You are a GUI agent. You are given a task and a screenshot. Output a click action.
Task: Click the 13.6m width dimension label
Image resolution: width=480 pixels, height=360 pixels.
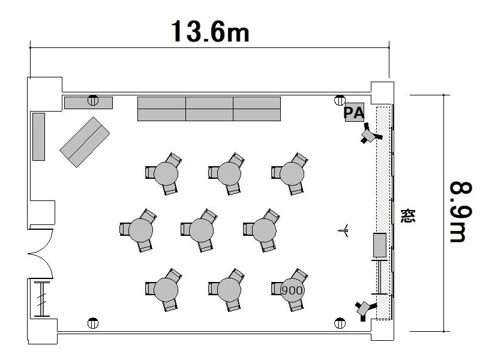pos(210,32)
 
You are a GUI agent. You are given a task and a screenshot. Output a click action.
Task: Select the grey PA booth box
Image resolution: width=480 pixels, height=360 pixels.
pos(355,112)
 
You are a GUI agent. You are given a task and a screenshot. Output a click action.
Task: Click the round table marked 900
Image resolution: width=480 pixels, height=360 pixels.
pos(292,290)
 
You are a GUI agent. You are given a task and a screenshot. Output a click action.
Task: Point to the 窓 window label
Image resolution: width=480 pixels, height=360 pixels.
pos(408,216)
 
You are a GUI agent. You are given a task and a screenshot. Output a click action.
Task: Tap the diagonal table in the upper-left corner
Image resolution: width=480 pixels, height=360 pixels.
pos(85,142)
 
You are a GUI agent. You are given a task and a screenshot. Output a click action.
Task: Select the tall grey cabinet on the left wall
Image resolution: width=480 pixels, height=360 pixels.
pos(39,137)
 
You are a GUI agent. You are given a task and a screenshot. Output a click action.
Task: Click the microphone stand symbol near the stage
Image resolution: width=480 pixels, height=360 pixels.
pos(343,230)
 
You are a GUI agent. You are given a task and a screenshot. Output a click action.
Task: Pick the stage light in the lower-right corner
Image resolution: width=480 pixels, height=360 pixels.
pos(365,309)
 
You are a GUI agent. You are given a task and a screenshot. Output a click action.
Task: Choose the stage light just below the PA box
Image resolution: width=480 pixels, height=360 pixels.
pos(370,134)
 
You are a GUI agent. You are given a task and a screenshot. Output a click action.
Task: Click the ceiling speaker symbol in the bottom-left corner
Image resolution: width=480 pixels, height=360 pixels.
pos(93,323)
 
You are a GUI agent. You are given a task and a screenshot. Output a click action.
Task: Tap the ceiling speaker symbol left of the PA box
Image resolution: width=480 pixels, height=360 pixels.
pos(340,100)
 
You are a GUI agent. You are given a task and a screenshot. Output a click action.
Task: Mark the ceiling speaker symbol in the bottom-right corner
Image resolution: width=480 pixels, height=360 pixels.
pos(340,323)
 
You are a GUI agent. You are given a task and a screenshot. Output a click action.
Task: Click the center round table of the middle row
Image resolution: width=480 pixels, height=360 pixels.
pos(201,230)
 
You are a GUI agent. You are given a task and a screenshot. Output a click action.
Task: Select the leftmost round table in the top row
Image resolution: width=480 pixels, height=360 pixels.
pos(166,173)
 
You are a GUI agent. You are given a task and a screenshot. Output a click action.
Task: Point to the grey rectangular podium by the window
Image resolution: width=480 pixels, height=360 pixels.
pos(380,245)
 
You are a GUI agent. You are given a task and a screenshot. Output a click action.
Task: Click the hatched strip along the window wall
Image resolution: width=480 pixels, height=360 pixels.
pos(383,214)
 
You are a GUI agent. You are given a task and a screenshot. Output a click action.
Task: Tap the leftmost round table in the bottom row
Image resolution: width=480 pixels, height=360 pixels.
pos(166,290)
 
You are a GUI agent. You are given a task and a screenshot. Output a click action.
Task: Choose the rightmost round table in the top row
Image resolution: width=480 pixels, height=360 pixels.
pos(292,173)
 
